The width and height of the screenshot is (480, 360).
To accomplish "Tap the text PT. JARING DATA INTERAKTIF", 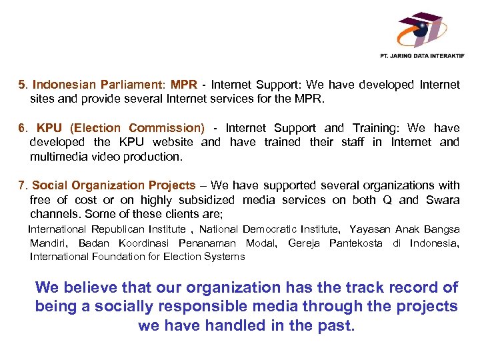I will (x=421, y=56).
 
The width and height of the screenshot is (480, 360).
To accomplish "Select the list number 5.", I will (x=22, y=85).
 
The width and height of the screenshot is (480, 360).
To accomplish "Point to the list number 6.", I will (x=22, y=128).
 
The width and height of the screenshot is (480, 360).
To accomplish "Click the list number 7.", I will (x=22, y=185).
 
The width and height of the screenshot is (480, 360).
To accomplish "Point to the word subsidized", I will (x=205, y=200).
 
